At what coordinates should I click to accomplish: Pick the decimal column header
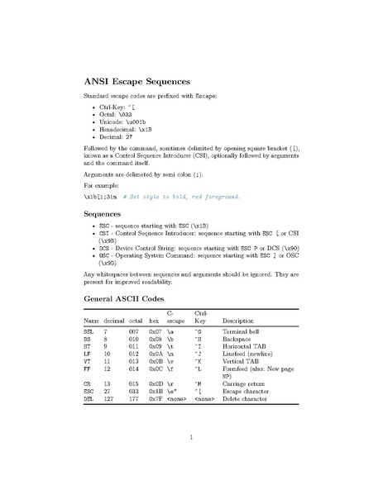pos(114,321)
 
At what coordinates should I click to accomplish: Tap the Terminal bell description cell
pos(243,331)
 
